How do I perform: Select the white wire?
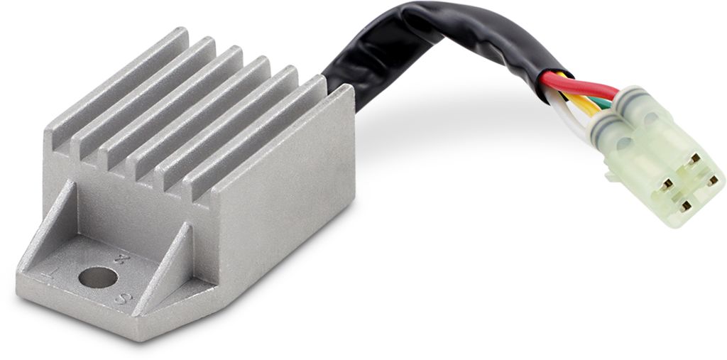click(575, 121)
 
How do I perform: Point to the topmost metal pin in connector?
click(694, 158)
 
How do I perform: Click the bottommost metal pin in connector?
click(686, 206)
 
